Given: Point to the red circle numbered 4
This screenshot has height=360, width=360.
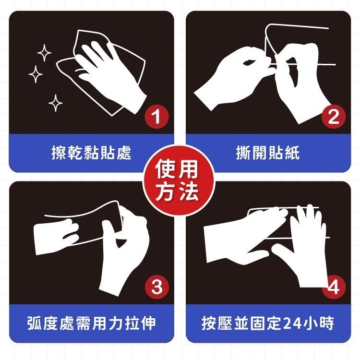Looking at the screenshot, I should (x=333, y=288).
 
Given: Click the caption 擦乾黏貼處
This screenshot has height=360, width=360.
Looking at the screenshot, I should (x=91, y=153).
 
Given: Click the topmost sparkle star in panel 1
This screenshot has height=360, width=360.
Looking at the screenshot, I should (x=44, y=52).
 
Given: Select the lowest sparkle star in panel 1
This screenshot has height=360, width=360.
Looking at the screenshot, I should (x=56, y=102).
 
